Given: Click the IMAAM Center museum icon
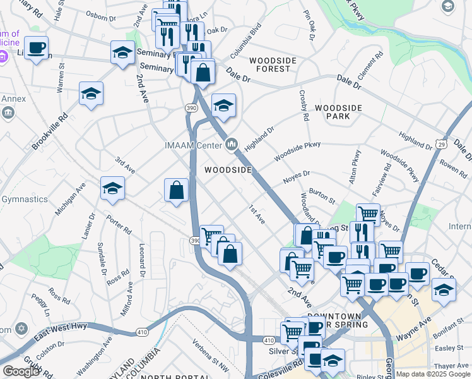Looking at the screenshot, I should coord(232,145).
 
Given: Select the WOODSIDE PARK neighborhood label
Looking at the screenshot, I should coord(338,112).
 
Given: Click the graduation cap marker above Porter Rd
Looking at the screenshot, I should coord(113,188).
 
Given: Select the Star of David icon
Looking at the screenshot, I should coord(21,329).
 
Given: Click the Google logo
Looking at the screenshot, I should coord(21,371).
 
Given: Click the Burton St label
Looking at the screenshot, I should coord(321,197).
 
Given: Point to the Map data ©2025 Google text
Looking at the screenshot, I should coord(433,374).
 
